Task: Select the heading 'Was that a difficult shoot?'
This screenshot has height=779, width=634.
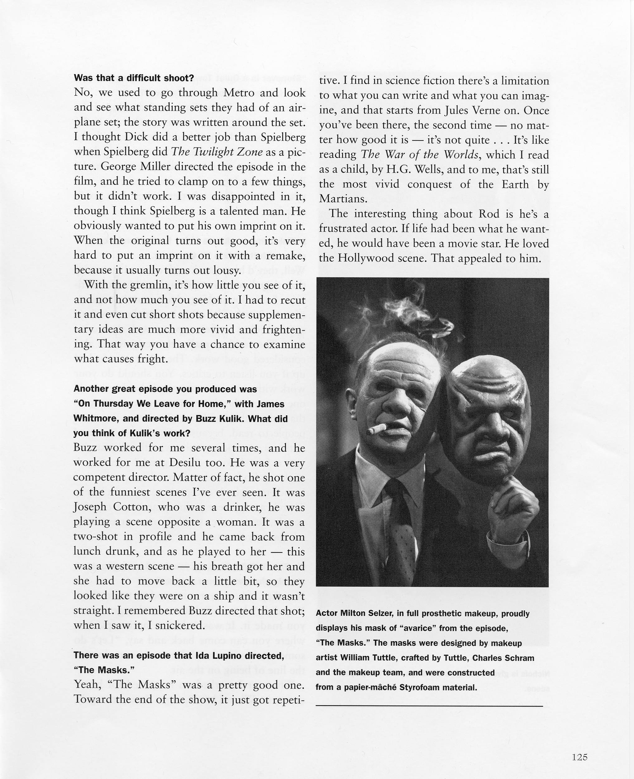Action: (x=134, y=78)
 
